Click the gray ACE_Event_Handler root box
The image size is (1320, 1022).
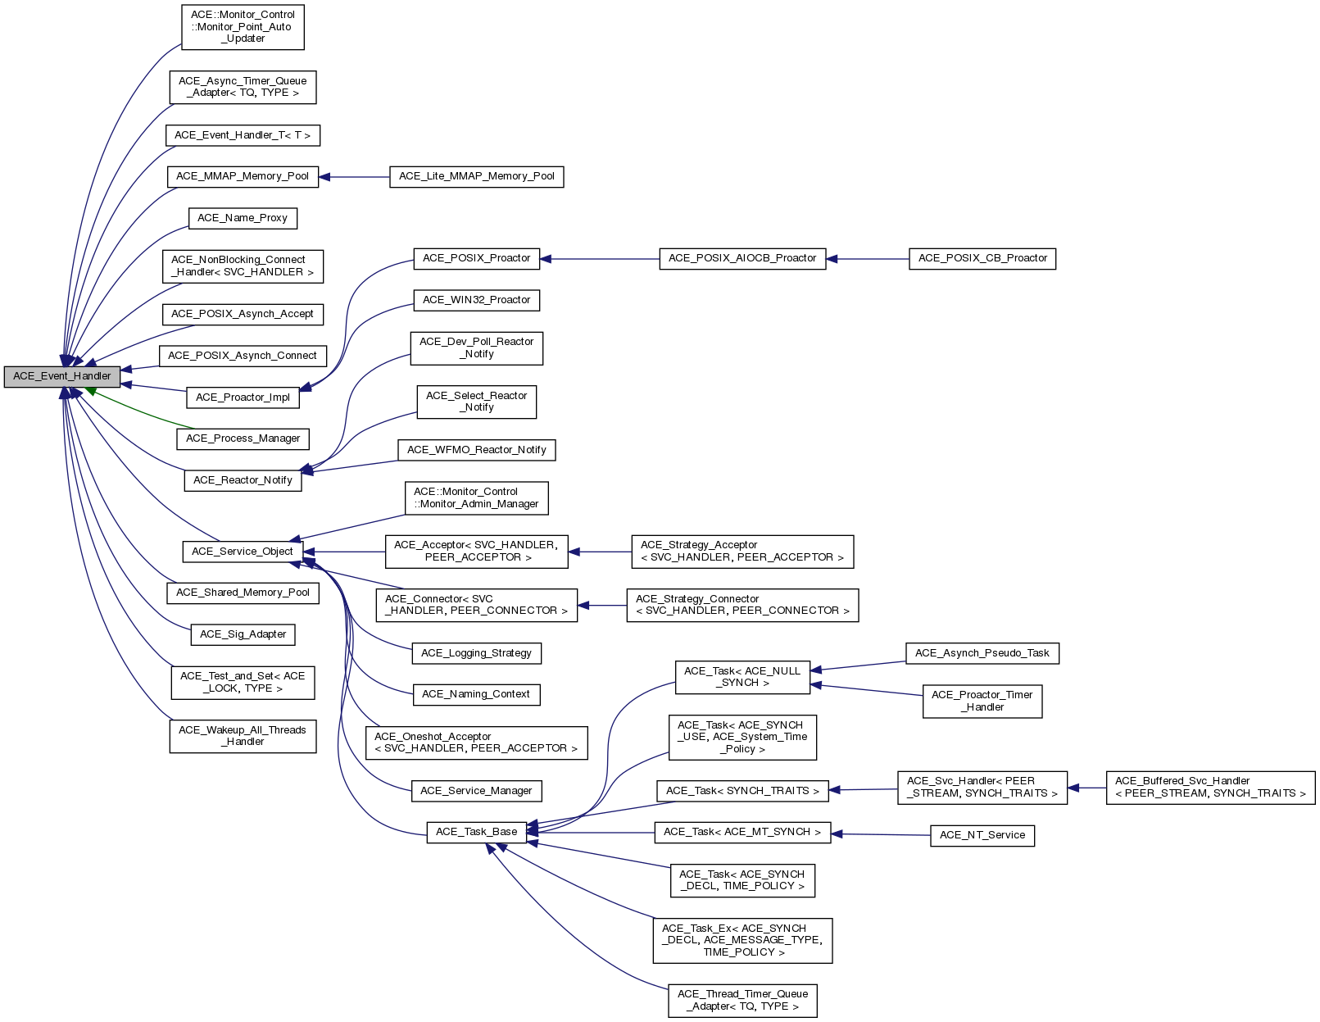coord(62,376)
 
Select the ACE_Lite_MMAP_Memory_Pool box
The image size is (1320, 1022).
coord(476,176)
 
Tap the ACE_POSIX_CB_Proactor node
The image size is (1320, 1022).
coord(982,258)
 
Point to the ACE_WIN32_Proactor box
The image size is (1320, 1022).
coord(476,300)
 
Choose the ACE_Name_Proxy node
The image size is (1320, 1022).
coord(243,218)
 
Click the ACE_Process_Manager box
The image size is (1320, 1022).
coord(243,438)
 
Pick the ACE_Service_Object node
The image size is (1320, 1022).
coord(242,552)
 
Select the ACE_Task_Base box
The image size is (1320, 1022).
coord(476,832)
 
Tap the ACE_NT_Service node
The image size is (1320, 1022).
coord(982,835)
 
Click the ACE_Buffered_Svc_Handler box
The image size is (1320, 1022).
coord(1210,787)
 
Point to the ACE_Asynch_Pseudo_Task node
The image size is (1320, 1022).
coord(982,653)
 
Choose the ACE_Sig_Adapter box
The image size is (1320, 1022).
coord(243,634)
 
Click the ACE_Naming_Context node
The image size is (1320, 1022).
coord(476,694)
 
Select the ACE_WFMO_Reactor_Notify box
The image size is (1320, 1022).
coord(476,450)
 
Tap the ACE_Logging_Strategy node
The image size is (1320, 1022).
coord(476,653)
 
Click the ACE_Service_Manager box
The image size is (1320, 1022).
coord(476,791)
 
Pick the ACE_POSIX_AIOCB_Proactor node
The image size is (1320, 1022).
coord(742,258)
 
